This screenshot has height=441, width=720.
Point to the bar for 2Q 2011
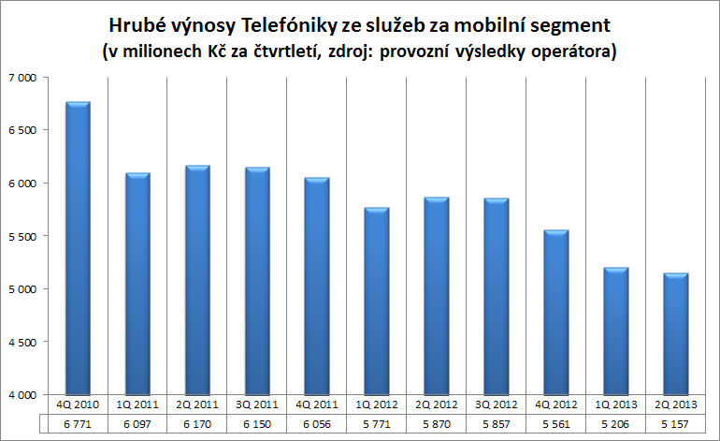(196, 280)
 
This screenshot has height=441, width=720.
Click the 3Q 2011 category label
(256, 405)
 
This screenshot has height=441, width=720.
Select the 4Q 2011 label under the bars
(316, 405)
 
